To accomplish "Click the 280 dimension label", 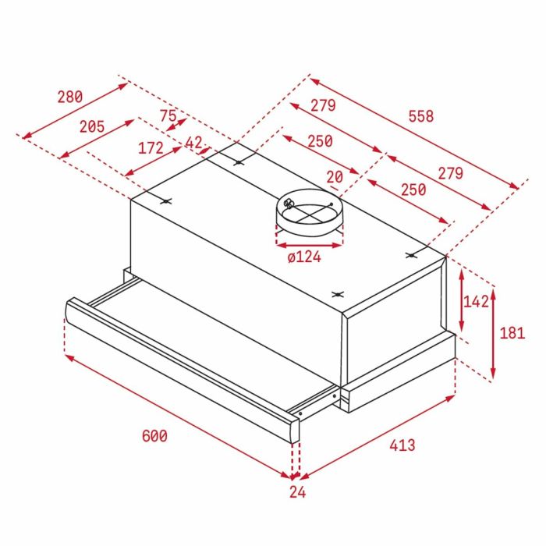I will [69, 97].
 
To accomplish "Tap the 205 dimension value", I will [92, 126].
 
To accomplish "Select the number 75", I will [168, 115].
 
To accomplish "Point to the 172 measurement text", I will [151, 147].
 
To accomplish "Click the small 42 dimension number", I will [193, 143].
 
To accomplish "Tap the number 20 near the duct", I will [335, 177].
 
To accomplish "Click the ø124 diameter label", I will [304, 257].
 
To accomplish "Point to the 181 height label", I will [512, 333].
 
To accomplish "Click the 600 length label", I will [154, 436].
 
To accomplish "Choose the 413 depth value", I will [402, 445].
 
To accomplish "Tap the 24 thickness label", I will [297, 491].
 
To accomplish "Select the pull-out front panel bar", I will [179, 367].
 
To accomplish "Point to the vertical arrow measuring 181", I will [492, 332].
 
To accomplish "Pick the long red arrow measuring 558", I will [413, 132].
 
